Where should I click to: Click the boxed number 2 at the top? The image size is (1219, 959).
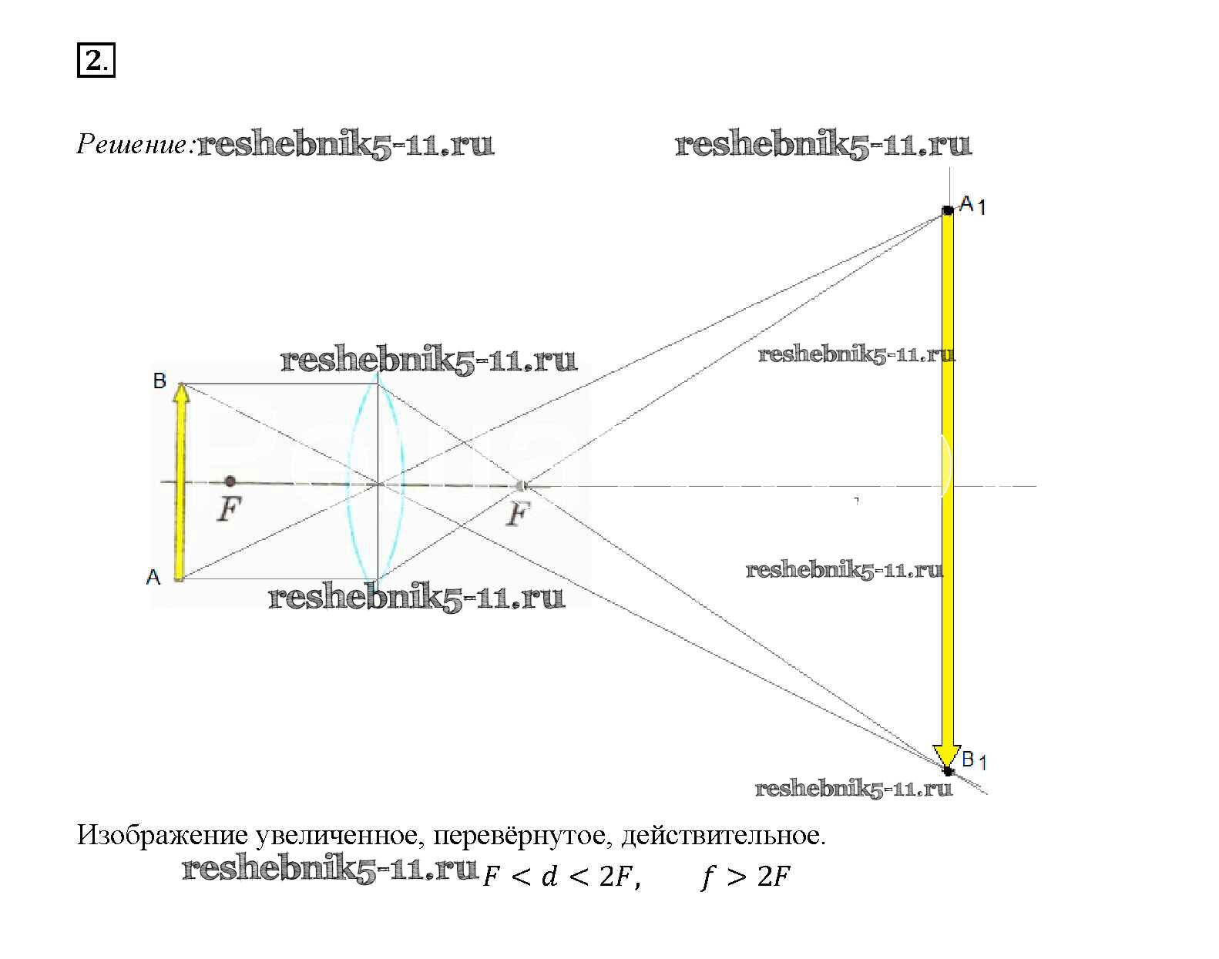tap(95, 61)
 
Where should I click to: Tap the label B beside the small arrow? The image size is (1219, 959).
tap(160, 381)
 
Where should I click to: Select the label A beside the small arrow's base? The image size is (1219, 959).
tap(153, 577)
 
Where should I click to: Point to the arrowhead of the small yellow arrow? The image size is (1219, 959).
tap(181, 394)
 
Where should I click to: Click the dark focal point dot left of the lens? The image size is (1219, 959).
tap(230, 481)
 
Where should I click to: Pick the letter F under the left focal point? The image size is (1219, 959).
tap(229, 509)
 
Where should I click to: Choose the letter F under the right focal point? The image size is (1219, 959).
tap(518, 514)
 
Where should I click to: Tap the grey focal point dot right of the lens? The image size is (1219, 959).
tap(522, 486)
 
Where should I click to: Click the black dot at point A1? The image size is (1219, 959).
tap(948, 210)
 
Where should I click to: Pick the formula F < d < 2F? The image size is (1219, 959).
tap(561, 877)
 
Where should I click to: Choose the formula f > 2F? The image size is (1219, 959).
tap(745, 877)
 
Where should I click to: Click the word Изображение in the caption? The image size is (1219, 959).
tap(162, 837)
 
